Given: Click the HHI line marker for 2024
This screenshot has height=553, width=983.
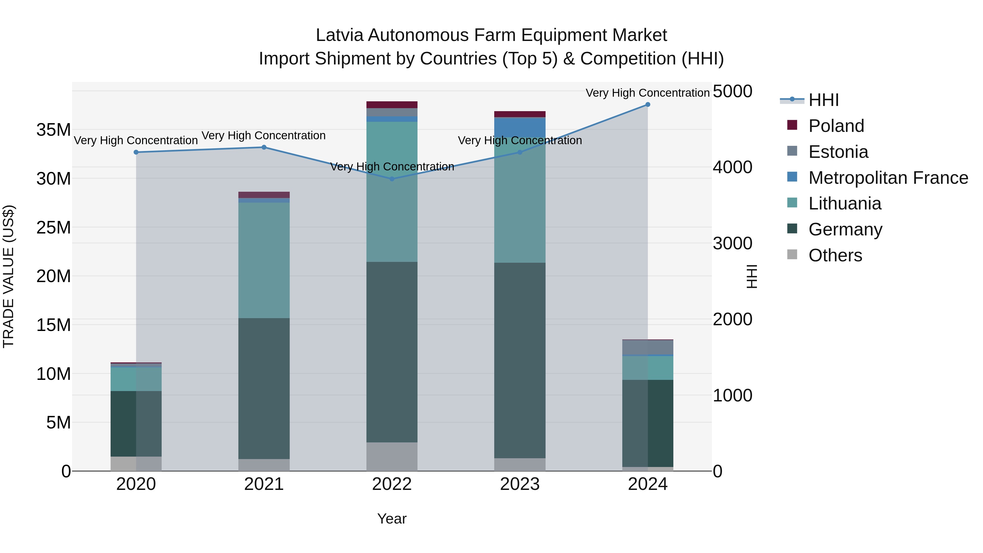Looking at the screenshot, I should tap(648, 105).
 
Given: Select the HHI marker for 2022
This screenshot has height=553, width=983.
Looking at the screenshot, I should tap(392, 179).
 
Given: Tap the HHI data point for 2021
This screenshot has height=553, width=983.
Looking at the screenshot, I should tap(264, 147).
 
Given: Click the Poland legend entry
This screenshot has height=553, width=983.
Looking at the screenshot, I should tap(836, 126).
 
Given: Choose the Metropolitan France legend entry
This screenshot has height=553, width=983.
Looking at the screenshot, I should tap(888, 178).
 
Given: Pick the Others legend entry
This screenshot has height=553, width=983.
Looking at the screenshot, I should tap(835, 255).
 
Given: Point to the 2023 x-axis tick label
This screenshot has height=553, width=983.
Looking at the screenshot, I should tap(520, 484).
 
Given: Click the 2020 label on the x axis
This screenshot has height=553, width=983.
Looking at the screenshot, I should tap(136, 484).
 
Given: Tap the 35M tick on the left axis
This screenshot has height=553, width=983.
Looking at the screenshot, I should tap(54, 130).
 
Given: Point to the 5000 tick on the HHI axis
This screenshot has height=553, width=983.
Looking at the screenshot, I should tap(732, 91).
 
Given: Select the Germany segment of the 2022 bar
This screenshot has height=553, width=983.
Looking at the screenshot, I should tap(392, 352).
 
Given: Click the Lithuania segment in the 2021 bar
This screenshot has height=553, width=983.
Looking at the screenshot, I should tap(264, 260).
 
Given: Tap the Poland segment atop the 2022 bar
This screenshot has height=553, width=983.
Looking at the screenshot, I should tap(392, 105).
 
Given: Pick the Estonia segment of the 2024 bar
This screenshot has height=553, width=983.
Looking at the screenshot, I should tap(648, 347).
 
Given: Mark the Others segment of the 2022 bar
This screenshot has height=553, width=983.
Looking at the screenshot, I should tap(392, 456).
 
